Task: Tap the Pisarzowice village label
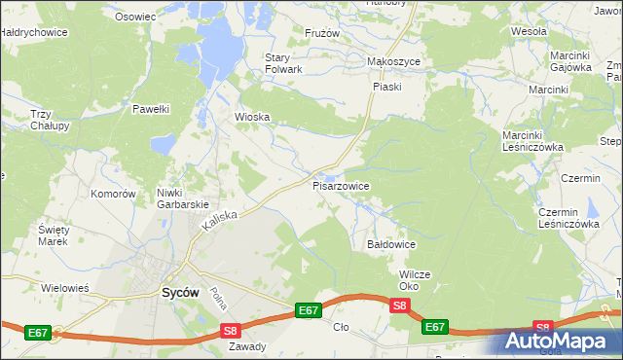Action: click(x=340, y=184)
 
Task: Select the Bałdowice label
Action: click(x=391, y=243)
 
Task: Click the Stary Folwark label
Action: click(x=284, y=63)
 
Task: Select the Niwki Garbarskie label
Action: click(x=183, y=198)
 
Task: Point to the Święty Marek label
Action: click(x=52, y=234)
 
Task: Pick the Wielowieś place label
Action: click(x=65, y=288)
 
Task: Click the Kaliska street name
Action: click(x=221, y=222)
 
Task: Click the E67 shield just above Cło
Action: click(x=308, y=310)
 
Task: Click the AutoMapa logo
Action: click(x=561, y=342)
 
